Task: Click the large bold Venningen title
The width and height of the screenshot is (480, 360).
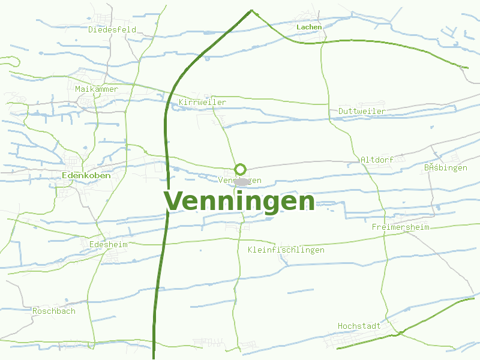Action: coord(239,202)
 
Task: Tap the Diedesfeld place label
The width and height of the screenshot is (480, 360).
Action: coord(112,29)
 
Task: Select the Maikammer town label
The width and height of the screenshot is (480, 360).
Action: coord(97,89)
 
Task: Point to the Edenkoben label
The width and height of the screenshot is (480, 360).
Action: coord(86,175)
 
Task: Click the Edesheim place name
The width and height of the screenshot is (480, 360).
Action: coord(108,244)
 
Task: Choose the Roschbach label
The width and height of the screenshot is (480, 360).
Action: coord(54,311)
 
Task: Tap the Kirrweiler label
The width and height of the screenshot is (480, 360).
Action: coord(203,103)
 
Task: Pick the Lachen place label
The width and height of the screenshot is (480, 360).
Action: coord(309,27)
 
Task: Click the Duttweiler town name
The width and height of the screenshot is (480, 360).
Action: coord(362,112)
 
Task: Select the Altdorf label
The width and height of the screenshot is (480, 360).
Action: coord(377,160)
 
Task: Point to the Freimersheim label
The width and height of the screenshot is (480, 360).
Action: coord(401,227)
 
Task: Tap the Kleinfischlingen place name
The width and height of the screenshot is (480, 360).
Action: coord(286,250)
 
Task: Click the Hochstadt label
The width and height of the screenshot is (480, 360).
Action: coord(359,326)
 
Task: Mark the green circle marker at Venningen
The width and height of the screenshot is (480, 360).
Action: coord(241,169)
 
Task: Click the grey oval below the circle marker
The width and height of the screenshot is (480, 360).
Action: coord(242,181)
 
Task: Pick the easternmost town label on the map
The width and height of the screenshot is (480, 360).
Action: coord(445,168)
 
